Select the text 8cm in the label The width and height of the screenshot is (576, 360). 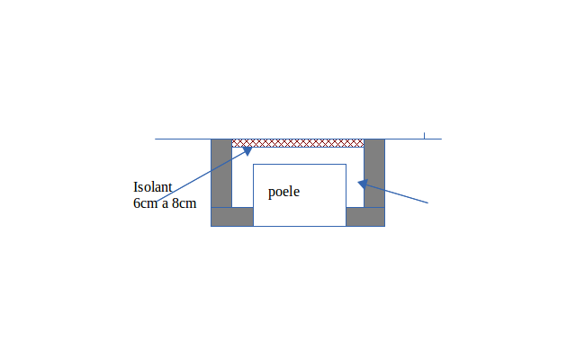pyautogui.click(x=184, y=203)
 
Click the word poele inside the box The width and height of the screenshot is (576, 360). pyautogui.click(x=283, y=192)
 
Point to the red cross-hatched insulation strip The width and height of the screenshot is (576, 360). pyautogui.click(x=298, y=143)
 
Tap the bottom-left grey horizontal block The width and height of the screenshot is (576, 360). pyautogui.click(x=232, y=217)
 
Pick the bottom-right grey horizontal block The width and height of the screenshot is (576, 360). pyautogui.click(x=365, y=217)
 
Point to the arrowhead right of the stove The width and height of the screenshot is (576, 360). pyautogui.click(x=362, y=184)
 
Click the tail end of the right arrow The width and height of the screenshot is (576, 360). pyautogui.click(x=427, y=203)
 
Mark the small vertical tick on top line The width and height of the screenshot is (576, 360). pyautogui.click(x=424, y=136)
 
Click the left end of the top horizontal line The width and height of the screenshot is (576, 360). pyautogui.click(x=156, y=139)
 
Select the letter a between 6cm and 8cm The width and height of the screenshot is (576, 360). pyautogui.click(x=165, y=204)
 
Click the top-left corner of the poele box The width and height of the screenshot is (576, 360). pyautogui.click(x=254, y=165)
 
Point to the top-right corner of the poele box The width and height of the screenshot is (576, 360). pyautogui.click(x=346, y=165)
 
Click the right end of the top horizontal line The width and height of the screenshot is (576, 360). pyautogui.click(x=441, y=139)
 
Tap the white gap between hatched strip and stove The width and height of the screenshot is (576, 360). pyautogui.click(x=298, y=156)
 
